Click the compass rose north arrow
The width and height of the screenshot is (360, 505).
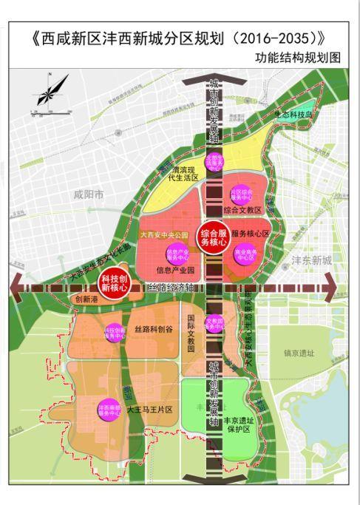point(45,93)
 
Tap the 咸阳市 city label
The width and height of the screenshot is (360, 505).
point(89,194)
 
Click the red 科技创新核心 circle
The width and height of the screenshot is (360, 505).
point(114,283)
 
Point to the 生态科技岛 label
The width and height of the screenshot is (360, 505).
point(294,115)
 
